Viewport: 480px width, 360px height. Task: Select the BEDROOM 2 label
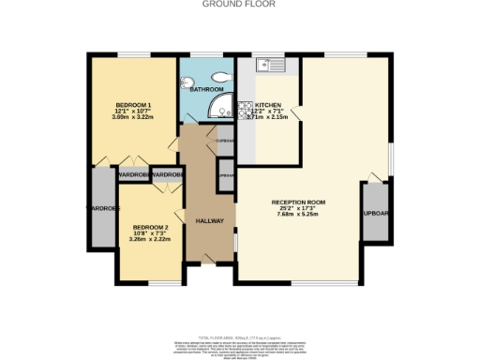[150, 228]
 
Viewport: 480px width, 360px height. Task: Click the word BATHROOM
[206, 90]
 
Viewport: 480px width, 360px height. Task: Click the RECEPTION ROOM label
[298, 202]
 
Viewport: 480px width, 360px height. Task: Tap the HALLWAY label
[209, 220]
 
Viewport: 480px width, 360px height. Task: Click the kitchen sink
[272, 65]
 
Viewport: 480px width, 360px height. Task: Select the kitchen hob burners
[244, 109]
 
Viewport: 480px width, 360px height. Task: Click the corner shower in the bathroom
[221, 106]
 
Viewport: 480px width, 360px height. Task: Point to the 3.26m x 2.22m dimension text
[150, 241]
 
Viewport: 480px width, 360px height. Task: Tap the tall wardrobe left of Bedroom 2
[101, 208]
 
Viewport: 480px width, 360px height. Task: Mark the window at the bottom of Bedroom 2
[163, 282]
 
